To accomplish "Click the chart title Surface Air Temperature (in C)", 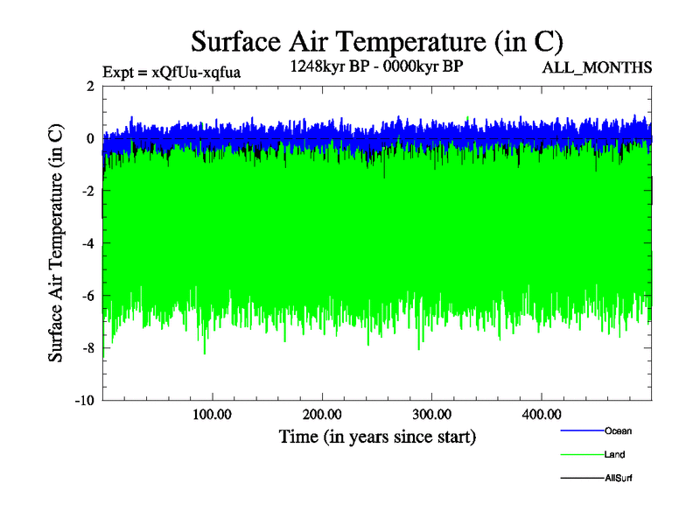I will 376,41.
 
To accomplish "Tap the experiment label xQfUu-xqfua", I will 171,72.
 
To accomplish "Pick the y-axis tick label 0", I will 91,139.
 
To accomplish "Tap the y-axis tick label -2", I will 88,192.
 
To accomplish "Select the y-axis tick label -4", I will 88,244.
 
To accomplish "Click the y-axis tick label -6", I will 88,297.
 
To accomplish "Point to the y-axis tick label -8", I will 88,349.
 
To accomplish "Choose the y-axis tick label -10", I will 85,402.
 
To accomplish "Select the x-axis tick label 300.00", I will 431,413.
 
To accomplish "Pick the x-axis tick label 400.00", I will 541,413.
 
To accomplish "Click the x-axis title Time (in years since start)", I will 377,436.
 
